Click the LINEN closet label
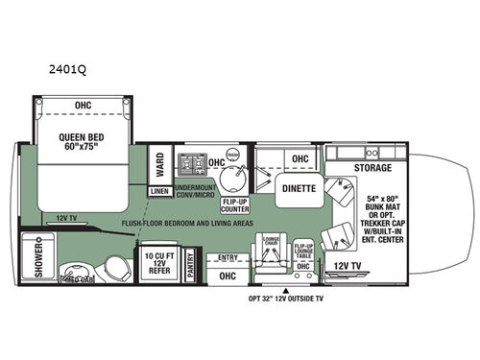(159, 192)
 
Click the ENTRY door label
(228, 256)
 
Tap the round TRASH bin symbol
(230, 156)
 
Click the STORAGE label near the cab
(372, 168)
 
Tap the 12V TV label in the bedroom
(66, 218)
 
